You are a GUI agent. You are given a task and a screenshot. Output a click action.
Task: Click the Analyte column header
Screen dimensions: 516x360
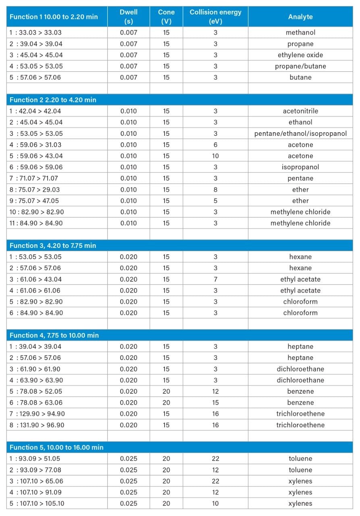point(300,17)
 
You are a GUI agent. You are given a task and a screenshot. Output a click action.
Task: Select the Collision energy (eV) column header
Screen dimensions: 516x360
point(215,17)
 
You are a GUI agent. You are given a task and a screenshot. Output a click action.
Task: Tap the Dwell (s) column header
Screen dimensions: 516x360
point(129,17)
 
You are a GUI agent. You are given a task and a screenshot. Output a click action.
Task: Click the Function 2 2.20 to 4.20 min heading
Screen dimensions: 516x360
point(53,100)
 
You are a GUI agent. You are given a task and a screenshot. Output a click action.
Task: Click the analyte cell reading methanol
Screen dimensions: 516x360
point(300,33)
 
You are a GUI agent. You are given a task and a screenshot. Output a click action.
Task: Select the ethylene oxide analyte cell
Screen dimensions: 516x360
point(300,55)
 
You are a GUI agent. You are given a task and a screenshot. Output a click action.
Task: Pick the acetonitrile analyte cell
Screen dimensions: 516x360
point(300,111)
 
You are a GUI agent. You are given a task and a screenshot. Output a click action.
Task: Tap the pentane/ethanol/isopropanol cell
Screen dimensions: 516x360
point(300,133)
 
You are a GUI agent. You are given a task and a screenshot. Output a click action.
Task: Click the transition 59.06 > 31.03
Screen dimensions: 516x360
point(36,145)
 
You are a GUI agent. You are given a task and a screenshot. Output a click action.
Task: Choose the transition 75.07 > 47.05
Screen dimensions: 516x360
point(36,201)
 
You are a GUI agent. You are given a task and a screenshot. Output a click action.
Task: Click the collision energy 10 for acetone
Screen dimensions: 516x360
point(215,156)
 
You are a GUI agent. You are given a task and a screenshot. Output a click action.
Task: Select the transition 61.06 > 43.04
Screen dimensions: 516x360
point(36,279)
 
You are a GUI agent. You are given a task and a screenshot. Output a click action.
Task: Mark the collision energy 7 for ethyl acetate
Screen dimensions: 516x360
point(215,279)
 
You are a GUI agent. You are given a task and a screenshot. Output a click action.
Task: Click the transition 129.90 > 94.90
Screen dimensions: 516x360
point(37,414)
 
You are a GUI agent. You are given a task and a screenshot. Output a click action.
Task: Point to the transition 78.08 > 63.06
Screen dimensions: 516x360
point(36,403)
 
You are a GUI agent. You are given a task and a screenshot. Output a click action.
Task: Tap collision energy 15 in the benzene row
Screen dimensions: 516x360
point(215,403)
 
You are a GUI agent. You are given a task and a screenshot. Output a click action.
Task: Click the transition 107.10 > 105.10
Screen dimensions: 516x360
point(37,504)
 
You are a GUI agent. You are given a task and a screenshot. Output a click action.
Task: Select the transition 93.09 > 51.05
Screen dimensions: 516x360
point(36,459)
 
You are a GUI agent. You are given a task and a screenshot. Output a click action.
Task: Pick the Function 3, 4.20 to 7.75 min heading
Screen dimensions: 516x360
point(53,246)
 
